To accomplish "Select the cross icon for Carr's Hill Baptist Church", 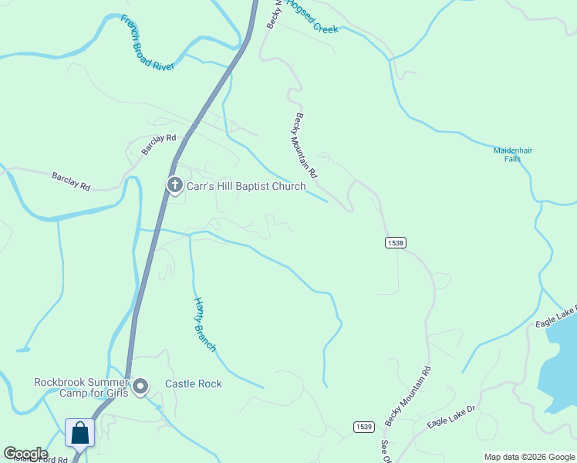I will [174, 185].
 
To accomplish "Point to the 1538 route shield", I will [395, 242].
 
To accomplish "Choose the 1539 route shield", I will [364, 427].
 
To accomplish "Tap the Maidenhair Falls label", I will [513, 154].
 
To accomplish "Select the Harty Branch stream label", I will [204, 325].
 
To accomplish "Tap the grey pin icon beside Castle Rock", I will [140, 387].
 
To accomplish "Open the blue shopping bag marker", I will [80, 434].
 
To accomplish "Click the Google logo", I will [25, 454].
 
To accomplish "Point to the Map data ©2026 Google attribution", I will [529, 457].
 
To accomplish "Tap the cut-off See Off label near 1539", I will [385, 451].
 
